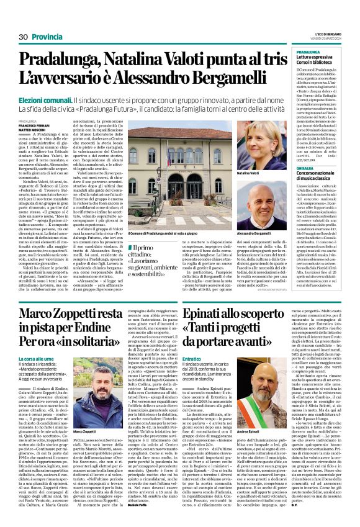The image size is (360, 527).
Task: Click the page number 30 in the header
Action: pos(23,37)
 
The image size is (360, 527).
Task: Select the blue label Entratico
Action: pos(193,359)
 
